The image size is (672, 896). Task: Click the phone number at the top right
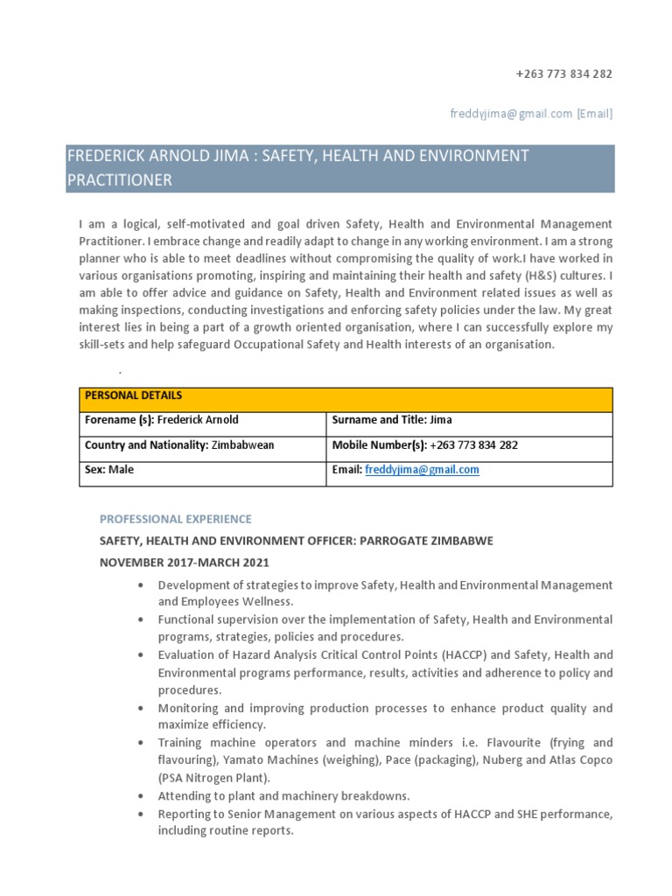click(x=563, y=73)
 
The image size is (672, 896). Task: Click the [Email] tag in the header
click(x=594, y=113)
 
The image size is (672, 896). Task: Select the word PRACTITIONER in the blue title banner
click(x=120, y=180)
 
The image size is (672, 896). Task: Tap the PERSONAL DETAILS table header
click(x=122, y=396)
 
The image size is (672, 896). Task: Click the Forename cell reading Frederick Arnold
click(x=161, y=420)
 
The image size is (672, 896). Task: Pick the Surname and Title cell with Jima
click(x=392, y=420)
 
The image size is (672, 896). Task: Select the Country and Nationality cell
click(x=178, y=445)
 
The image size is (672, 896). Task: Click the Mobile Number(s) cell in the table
click(x=424, y=445)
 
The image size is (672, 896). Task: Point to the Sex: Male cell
click(x=109, y=470)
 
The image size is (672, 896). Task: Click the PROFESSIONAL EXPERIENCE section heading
click(x=175, y=519)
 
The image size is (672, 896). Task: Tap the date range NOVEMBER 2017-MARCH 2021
click(x=184, y=563)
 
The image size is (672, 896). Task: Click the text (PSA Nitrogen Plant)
click(x=214, y=778)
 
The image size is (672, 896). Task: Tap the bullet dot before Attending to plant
click(x=141, y=796)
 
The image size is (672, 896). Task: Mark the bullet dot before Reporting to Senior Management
click(x=141, y=814)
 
